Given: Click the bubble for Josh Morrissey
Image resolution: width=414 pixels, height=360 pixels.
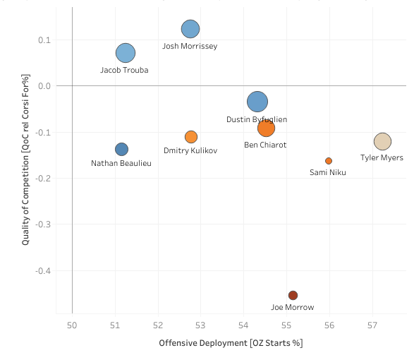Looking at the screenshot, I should [x=190, y=29].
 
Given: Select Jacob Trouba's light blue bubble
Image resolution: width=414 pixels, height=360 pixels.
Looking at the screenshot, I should [x=126, y=53].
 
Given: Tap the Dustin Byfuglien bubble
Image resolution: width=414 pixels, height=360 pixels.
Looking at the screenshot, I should [x=257, y=102].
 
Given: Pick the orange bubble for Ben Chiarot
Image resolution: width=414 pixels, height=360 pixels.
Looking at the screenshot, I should [x=266, y=128].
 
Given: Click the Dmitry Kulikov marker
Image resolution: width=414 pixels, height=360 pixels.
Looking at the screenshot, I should [x=191, y=137].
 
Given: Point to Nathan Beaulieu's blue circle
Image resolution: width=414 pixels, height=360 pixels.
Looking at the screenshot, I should [x=121, y=149].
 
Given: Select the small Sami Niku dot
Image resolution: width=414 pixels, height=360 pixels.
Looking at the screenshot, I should [x=329, y=161].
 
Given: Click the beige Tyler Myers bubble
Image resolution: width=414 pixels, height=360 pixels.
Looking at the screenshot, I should [x=382, y=141].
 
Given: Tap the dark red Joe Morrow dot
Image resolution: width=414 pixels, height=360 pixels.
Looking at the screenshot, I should [x=293, y=295].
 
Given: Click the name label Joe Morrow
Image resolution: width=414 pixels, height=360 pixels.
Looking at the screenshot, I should [x=293, y=307].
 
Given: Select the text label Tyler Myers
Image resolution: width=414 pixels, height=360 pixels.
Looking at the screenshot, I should [x=382, y=157].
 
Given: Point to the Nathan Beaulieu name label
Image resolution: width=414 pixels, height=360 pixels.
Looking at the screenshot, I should [x=121, y=163].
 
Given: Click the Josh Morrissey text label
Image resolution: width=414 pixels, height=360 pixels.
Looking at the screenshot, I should [x=190, y=46].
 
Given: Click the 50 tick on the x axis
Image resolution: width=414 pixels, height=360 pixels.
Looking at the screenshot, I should [x=72, y=325].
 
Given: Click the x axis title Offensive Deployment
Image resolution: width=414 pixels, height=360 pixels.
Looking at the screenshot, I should [x=231, y=343].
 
